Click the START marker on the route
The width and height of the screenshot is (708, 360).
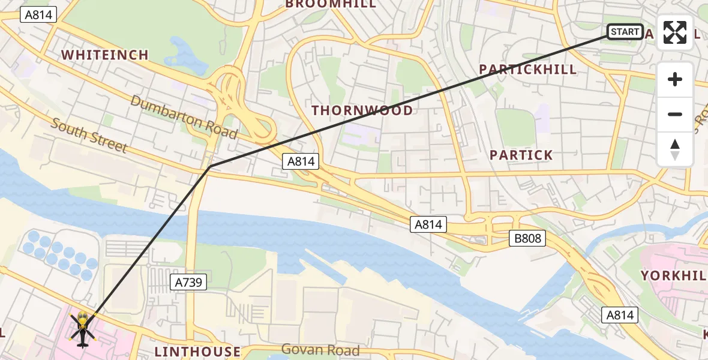click(x=625, y=32)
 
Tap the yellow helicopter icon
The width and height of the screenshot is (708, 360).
click(x=83, y=328)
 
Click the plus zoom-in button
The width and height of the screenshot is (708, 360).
click(x=675, y=80)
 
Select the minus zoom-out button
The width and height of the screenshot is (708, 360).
click(x=675, y=114)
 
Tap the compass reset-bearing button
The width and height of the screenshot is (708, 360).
click(x=675, y=149)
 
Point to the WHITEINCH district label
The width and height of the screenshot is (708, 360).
click(x=105, y=55)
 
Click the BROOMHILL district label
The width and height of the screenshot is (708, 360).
click(x=331, y=4)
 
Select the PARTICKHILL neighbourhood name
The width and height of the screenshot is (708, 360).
click(x=527, y=70)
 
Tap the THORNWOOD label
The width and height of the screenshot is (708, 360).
click(x=362, y=110)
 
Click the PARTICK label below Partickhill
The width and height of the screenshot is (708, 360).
click(x=521, y=155)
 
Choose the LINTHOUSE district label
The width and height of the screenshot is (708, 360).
click(x=197, y=352)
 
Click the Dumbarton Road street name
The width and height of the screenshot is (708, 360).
click(x=184, y=116)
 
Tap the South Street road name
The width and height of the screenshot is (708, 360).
click(x=89, y=136)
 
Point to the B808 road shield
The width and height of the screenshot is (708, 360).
click(x=527, y=238)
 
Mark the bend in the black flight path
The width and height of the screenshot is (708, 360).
click(x=209, y=167)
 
